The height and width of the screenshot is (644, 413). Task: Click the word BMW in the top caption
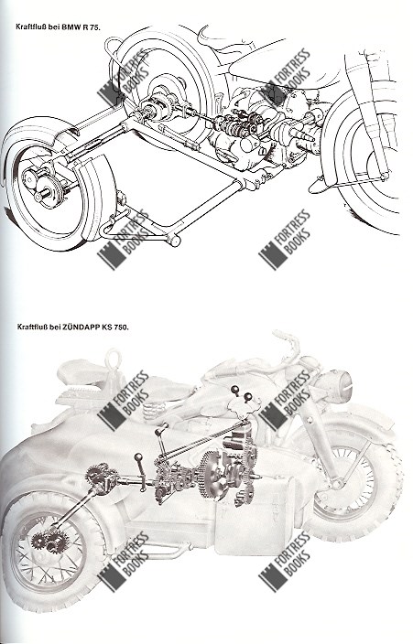(x=70, y=27)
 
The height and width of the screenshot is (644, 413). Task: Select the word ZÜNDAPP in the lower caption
(x=80, y=327)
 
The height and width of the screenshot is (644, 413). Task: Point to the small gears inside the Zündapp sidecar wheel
(x=49, y=542)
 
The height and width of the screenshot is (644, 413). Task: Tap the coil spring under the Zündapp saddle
(x=155, y=411)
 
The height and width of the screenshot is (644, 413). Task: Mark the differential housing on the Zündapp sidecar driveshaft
(x=100, y=478)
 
